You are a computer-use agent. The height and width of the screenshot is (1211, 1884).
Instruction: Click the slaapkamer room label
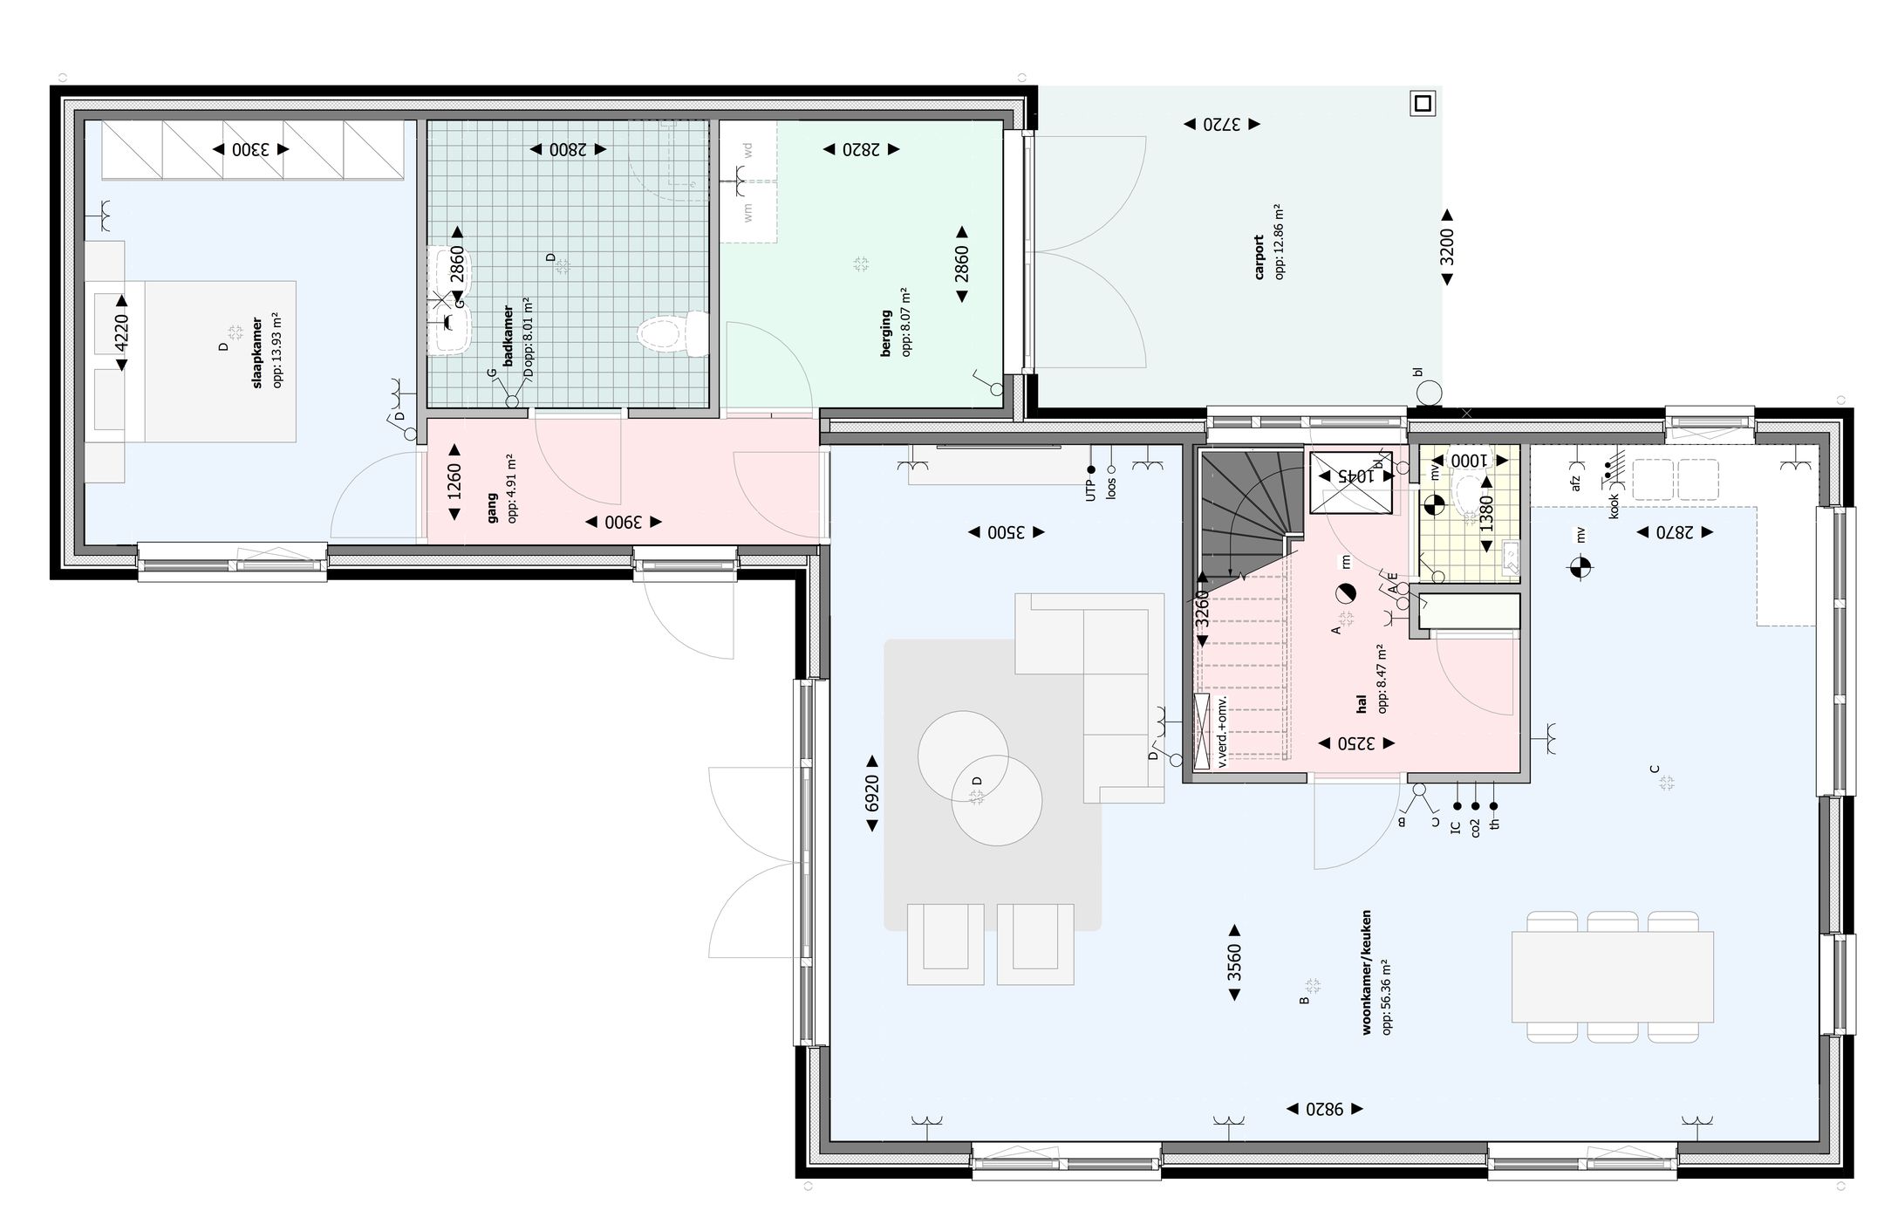pos(256,352)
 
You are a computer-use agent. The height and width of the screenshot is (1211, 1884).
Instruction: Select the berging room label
pos(886,334)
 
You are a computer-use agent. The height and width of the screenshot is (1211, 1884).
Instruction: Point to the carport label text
pos(1259,257)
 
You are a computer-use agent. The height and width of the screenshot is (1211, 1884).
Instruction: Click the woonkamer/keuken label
pos(1367,972)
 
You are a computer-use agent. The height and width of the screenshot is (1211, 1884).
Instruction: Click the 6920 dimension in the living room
pos(870,792)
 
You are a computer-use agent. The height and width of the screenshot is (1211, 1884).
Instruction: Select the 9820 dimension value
pos(1327,1109)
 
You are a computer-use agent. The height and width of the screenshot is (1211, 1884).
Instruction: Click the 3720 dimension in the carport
pos(1221,125)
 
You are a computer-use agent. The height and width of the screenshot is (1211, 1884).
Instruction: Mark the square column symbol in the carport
pos(1423,104)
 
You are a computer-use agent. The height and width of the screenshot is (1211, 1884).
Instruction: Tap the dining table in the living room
pos(1612,976)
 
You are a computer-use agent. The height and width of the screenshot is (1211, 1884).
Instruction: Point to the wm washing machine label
pos(747,212)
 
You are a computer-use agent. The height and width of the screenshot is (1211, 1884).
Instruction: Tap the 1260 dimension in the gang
pos(454,482)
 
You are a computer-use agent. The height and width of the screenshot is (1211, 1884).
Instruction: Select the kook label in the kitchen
pos(1614,505)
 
